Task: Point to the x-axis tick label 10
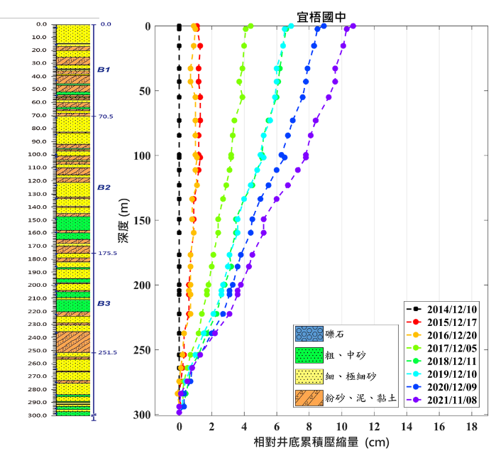(x=341, y=428)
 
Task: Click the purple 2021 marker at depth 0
(x=353, y=26)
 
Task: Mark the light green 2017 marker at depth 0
(x=250, y=26)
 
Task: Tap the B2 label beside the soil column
(x=104, y=187)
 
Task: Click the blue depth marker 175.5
(x=107, y=253)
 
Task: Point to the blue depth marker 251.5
(x=107, y=352)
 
